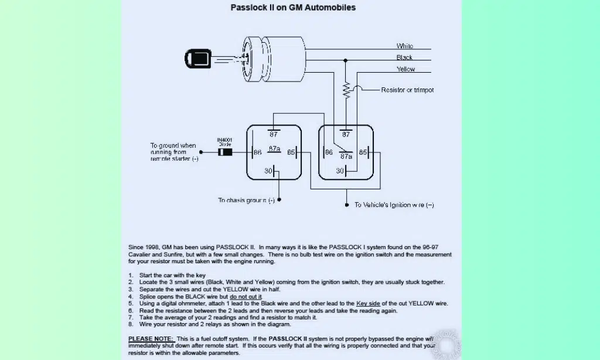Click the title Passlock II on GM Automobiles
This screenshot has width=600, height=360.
pyautogui.click(x=293, y=8)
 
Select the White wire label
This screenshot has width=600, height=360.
pyautogui.click(x=404, y=46)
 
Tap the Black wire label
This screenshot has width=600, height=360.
pyautogui.click(x=404, y=57)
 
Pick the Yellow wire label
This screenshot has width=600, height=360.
pyautogui.click(x=405, y=69)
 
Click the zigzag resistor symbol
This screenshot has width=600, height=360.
pyautogui.click(x=346, y=90)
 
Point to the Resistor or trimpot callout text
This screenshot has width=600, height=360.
pyautogui.click(x=407, y=90)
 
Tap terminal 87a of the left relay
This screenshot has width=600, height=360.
pyautogui.click(x=274, y=150)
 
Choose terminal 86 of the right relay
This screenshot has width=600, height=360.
pyautogui.click(x=329, y=152)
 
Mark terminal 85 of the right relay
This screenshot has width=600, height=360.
pyautogui.click(x=363, y=152)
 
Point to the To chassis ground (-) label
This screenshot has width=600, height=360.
pyautogui.click(x=246, y=201)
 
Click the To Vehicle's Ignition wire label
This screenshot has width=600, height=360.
pyautogui.click(x=394, y=205)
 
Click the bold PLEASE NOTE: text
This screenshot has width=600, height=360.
pyautogui.click(x=151, y=339)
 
